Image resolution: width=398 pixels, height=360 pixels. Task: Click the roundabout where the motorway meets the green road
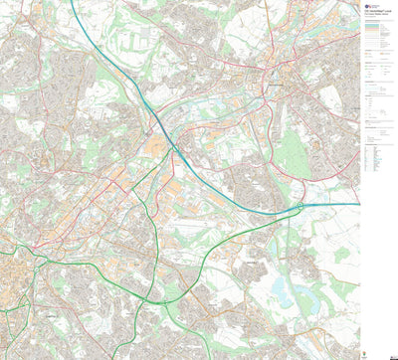pos(298,207)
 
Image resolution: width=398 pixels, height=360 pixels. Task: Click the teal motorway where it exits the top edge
pos(73,2)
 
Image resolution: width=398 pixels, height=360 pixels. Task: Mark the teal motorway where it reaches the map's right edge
pos(357,204)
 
